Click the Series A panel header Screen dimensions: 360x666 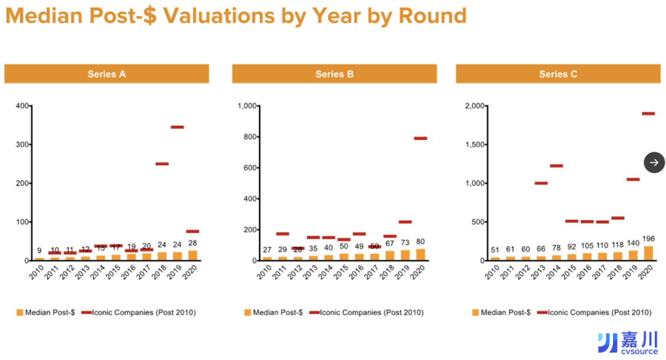(x=107, y=74)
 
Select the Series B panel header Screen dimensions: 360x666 (x=334, y=74)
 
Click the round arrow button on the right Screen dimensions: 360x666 (x=654, y=162)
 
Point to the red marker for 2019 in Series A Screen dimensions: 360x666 (x=178, y=127)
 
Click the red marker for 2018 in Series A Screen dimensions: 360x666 (x=162, y=164)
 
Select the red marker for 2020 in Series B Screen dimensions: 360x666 (x=421, y=138)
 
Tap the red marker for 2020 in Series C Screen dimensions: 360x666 (x=648, y=113)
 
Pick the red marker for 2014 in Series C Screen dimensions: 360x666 (x=556, y=166)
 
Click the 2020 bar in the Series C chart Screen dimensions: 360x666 (x=648, y=253)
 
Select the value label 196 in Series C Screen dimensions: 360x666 (x=648, y=239)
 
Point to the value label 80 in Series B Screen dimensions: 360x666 (x=421, y=242)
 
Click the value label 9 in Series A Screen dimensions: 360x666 (x=40, y=251)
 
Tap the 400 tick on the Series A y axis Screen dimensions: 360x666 (x=22, y=106)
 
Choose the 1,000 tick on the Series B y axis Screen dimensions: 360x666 (x=246, y=106)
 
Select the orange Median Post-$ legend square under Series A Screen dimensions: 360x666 (x=20, y=313)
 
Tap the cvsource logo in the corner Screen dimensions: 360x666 (x=628, y=343)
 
